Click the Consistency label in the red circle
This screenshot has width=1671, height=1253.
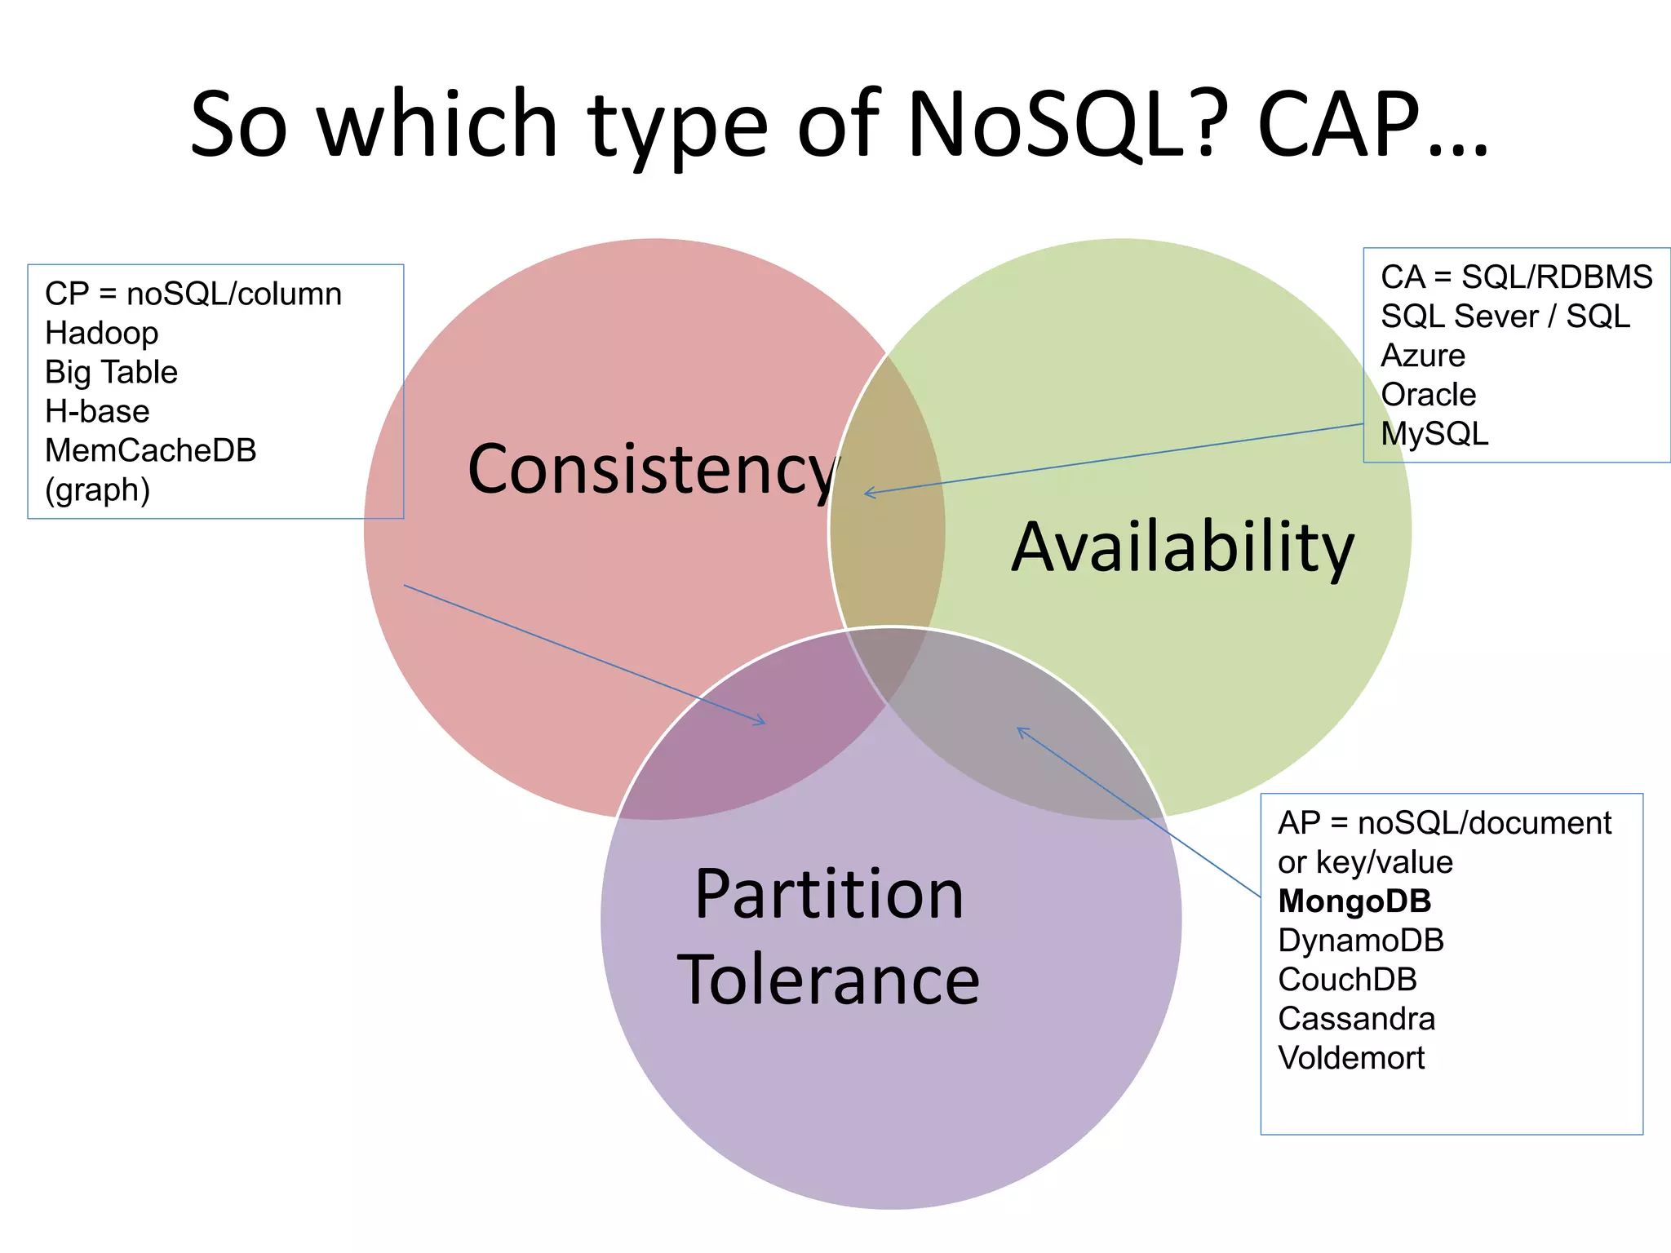click(653, 470)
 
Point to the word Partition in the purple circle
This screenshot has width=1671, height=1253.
click(829, 894)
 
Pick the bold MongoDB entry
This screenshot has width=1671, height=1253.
click(1354, 901)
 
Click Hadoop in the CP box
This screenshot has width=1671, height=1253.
click(102, 333)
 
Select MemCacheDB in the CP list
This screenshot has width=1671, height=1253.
click(151, 450)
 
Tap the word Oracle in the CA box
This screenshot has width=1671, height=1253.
click(1428, 395)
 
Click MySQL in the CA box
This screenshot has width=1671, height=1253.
click(1434, 434)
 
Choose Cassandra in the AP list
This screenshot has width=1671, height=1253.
click(1356, 1019)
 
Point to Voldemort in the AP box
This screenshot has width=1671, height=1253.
click(1351, 1058)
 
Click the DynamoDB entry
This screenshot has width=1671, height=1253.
click(1361, 941)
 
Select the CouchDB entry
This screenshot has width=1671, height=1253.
click(1347, 980)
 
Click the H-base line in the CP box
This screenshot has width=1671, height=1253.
click(97, 411)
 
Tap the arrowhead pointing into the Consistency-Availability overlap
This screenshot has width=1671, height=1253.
click(867, 493)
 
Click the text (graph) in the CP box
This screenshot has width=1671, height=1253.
click(97, 490)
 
